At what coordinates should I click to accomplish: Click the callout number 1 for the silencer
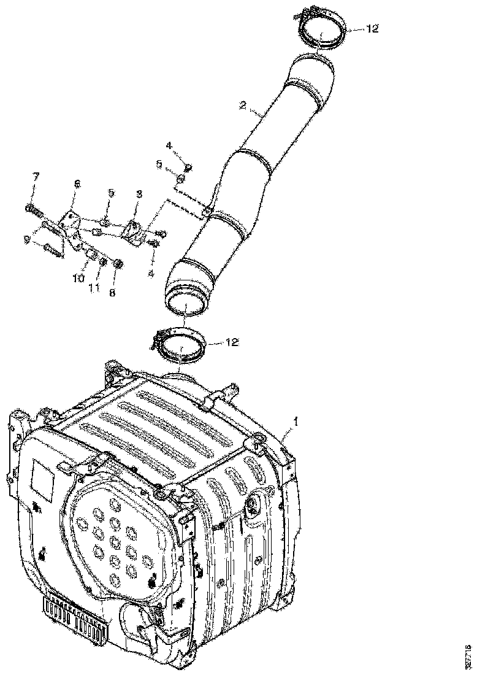coord(296,422)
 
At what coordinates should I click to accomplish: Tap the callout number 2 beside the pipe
coord(243,106)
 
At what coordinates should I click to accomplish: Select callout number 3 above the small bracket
coord(139,194)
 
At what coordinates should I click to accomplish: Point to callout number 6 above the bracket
coord(77,183)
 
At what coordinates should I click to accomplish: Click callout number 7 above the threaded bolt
coord(36,177)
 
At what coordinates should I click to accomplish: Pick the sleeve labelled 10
coord(91,253)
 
